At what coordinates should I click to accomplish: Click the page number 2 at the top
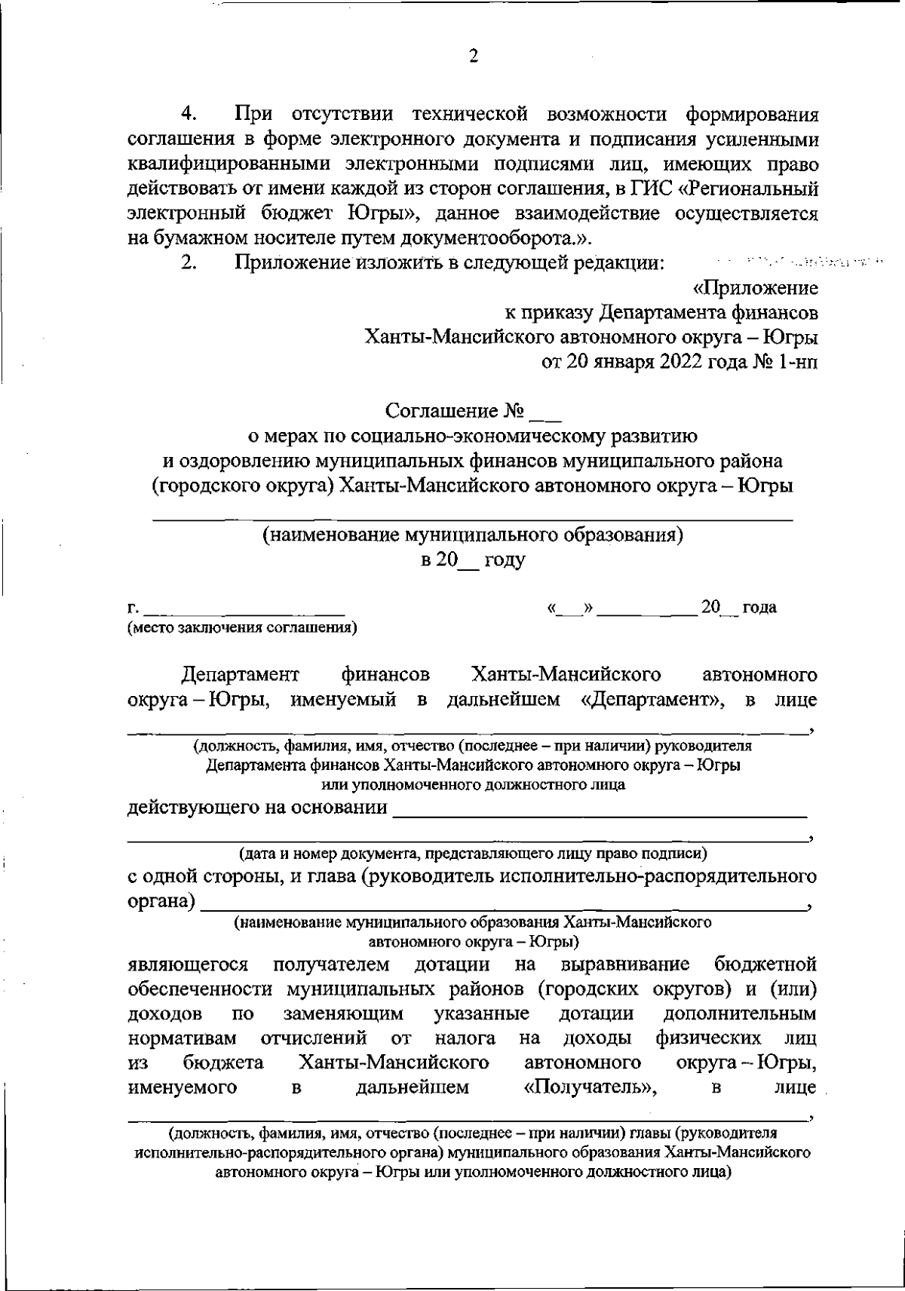point(474,56)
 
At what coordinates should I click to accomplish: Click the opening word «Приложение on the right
point(755,288)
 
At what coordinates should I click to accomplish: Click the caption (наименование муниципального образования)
point(472,535)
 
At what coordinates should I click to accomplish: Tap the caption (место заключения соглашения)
point(242,627)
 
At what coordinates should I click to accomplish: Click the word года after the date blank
point(759,607)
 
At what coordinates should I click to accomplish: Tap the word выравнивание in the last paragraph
point(626,964)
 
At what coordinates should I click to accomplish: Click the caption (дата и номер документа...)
point(472,854)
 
